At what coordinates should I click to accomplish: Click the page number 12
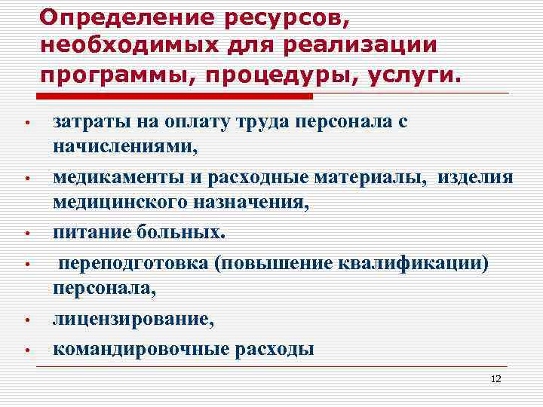click(x=495, y=378)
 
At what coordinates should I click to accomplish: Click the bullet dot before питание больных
click(x=26, y=233)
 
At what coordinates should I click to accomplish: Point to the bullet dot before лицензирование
click(x=26, y=320)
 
